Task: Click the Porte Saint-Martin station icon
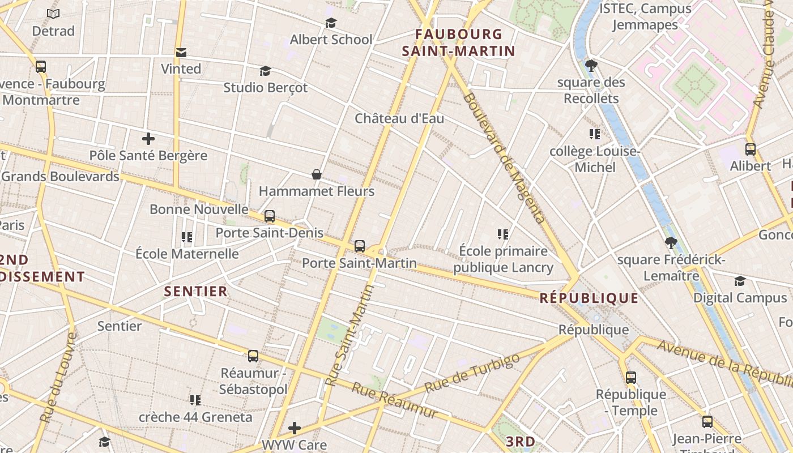pyautogui.click(x=359, y=246)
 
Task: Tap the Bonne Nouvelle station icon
pyautogui.click(x=270, y=216)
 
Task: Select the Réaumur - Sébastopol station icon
pyautogui.click(x=253, y=356)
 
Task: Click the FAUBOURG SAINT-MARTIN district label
pyautogui.click(x=458, y=42)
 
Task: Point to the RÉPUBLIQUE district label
pyautogui.click(x=589, y=298)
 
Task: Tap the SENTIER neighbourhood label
pyautogui.click(x=195, y=292)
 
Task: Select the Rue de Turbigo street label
pyautogui.click(x=472, y=373)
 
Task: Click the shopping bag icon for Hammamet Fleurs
pyautogui.click(x=317, y=174)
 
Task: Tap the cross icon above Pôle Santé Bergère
pyautogui.click(x=148, y=139)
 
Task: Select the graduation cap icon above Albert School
pyautogui.click(x=331, y=23)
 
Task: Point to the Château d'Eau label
pyautogui.click(x=399, y=118)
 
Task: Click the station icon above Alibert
pyautogui.click(x=750, y=149)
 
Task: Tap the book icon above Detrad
pyautogui.click(x=53, y=14)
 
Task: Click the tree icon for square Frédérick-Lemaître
pyautogui.click(x=671, y=243)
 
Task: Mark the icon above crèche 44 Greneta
pyautogui.click(x=195, y=401)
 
